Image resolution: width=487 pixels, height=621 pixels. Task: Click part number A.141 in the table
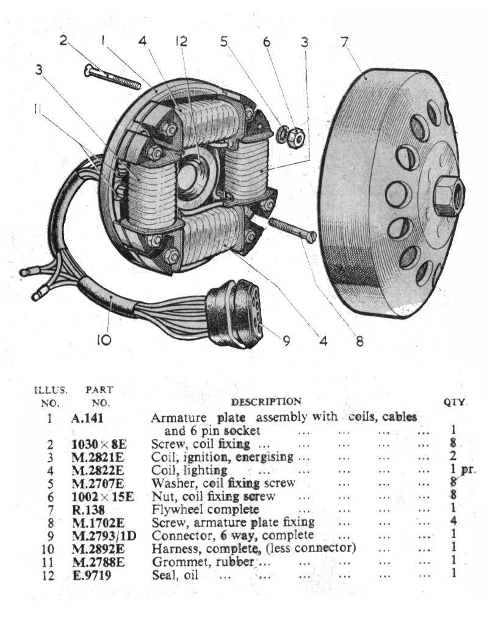coord(85,418)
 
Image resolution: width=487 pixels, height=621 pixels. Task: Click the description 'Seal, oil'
coord(175,575)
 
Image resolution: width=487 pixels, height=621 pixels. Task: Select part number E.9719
coord(89,575)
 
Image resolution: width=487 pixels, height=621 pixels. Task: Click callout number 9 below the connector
coord(286,341)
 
